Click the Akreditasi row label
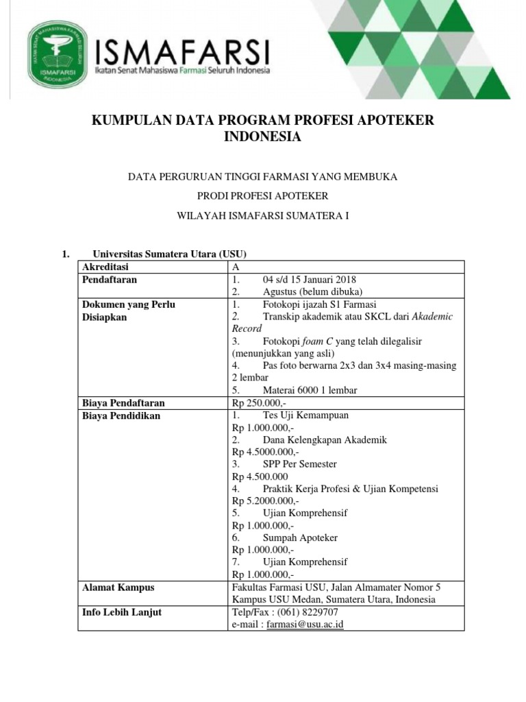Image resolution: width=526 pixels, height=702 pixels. click(x=105, y=267)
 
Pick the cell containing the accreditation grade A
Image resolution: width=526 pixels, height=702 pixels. click(x=236, y=267)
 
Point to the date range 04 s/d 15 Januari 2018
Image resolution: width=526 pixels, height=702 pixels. click(x=309, y=280)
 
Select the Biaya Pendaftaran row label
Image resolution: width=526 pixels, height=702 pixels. click(x=123, y=402)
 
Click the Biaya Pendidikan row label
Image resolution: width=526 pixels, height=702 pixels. click(x=121, y=415)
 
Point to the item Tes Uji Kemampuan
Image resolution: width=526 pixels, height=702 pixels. click(x=305, y=415)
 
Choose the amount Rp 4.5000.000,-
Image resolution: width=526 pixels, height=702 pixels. click(x=265, y=452)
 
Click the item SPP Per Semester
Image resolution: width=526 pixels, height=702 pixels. click(x=299, y=464)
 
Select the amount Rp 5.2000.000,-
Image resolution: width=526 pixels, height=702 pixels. click(x=265, y=501)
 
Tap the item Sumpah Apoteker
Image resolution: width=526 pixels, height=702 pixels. click(x=300, y=537)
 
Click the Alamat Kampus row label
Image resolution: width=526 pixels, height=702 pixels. click(x=118, y=587)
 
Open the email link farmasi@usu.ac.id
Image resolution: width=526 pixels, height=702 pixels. click(x=305, y=625)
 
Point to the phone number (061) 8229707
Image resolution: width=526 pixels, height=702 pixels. click(x=308, y=612)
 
